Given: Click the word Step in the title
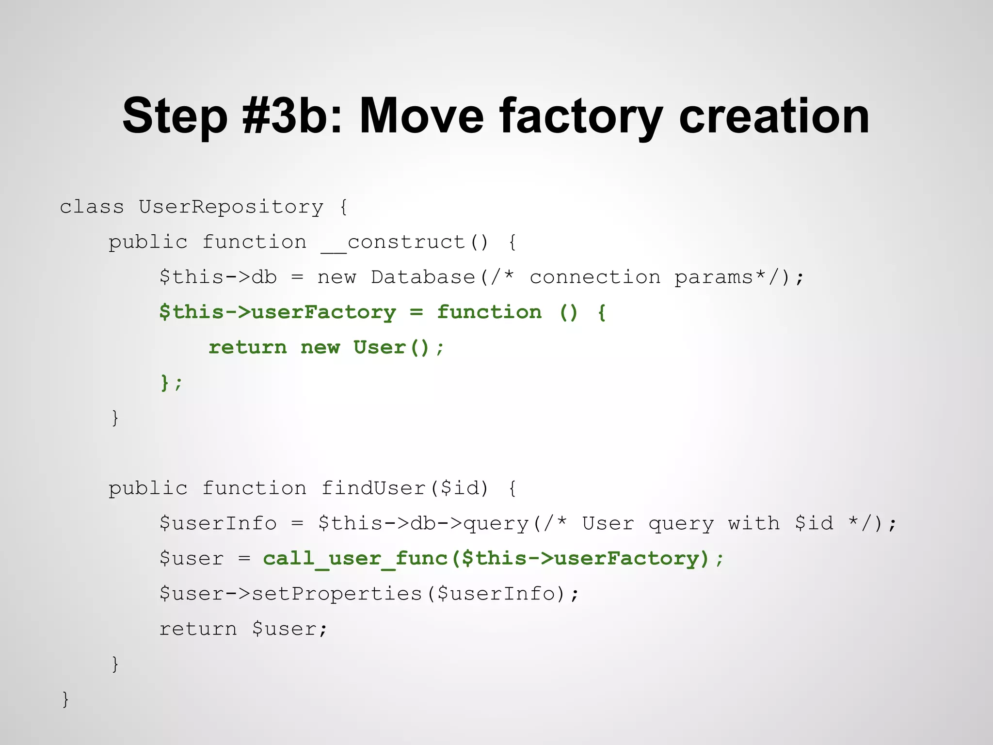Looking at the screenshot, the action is tap(175, 116).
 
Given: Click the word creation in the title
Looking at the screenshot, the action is tap(774, 116).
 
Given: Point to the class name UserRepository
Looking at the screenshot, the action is tap(231, 207).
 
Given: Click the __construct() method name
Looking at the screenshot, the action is tap(405, 242).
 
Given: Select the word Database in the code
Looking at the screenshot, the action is tap(423, 277).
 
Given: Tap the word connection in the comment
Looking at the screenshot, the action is tap(594, 277).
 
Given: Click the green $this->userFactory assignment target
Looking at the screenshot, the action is tap(277, 312).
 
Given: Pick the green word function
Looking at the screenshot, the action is tap(489, 312).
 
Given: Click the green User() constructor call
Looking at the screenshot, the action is tap(391, 347).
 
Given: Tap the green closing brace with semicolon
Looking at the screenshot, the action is tap(171, 383).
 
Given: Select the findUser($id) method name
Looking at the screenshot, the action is tap(405, 488).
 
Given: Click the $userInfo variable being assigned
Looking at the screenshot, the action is tap(218, 523).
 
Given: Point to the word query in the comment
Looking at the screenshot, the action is tap(681, 523).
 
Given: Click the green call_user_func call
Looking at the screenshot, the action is tap(355, 558).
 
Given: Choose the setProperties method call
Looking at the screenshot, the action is tap(336, 594).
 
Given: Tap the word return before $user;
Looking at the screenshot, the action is tap(198, 629).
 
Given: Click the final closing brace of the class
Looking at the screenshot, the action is tap(65, 699).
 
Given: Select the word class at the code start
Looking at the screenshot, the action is tap(92, 207).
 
